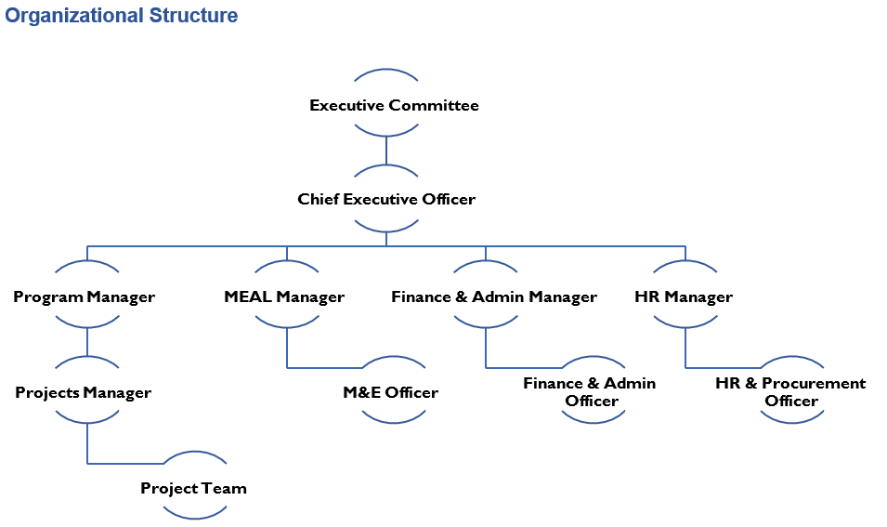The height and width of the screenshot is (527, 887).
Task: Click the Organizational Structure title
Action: point(122,16)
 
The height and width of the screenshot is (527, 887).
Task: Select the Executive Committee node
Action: point(394,105)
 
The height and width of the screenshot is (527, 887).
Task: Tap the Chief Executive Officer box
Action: point(386,199)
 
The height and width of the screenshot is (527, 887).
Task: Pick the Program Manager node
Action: point(85,297)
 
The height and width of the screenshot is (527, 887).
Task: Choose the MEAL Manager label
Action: point(284,297)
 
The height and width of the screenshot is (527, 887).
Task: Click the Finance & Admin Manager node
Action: point(493,297)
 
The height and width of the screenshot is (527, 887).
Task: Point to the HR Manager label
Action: point(684,297)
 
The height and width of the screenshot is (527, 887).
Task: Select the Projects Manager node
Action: point(84,392)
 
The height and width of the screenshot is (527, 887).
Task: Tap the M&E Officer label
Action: point(390,392)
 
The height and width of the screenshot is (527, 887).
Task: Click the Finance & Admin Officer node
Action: point(591,391)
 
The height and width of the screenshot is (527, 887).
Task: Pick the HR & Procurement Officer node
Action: point(790,391)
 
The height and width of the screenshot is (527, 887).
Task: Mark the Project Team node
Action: point(194,488)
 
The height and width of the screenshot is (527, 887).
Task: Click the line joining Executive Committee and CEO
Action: point(386,151)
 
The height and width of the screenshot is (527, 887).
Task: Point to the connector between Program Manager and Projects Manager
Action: point(87,342)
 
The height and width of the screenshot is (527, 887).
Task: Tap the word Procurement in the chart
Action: point(814,383)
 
